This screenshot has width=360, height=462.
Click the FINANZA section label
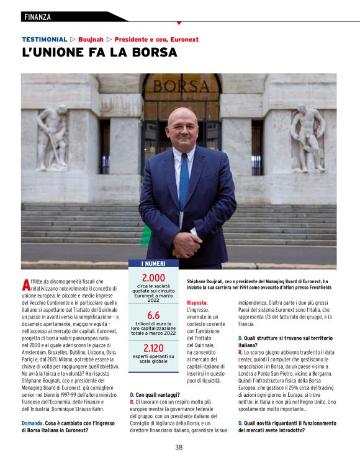[x=37, y=17]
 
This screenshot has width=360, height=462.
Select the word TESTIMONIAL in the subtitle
[x=44, y=39]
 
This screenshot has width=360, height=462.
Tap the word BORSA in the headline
[x=153, y=53]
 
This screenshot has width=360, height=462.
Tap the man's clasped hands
[x=185, y=243]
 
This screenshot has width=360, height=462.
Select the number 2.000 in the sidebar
[x=153, y=277]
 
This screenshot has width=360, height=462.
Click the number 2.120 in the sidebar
[x=153, y=347]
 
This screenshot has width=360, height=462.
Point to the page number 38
[x=179, y=446]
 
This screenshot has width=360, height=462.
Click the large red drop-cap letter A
[x=25, y=285]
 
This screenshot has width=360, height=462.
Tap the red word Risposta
[x=197, y=302]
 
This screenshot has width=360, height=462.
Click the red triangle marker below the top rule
[x=179, y=23]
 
